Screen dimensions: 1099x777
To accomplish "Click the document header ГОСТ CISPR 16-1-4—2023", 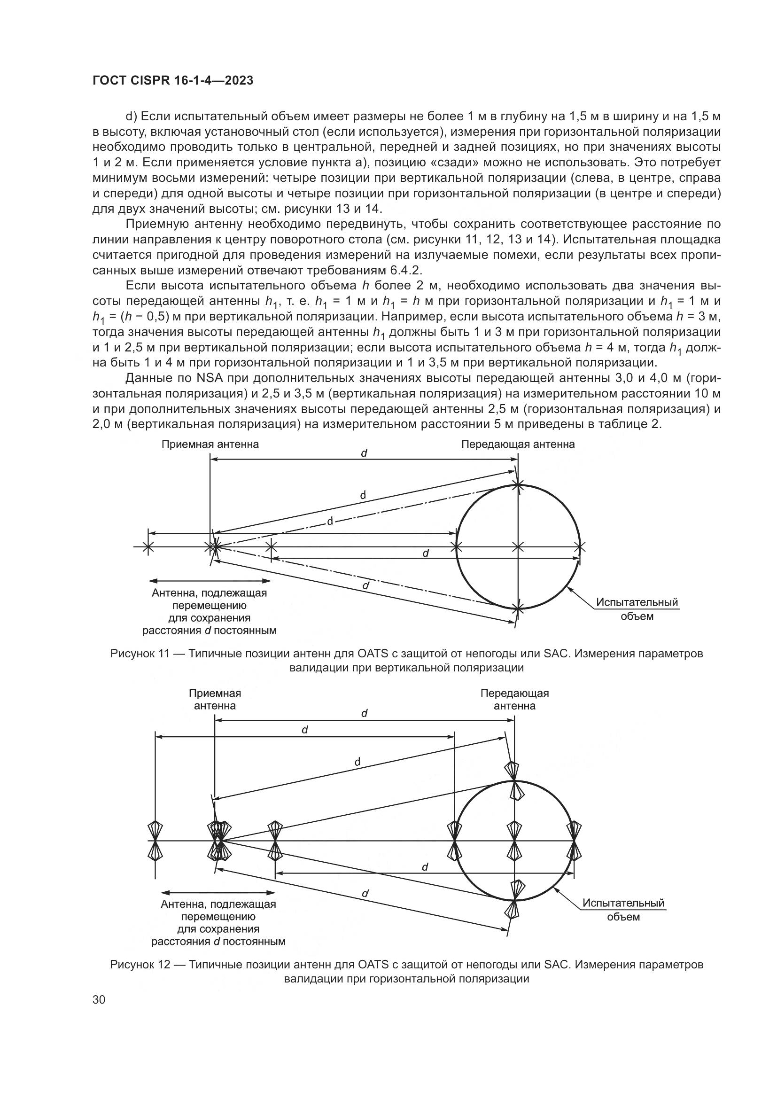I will (x=173, y=81).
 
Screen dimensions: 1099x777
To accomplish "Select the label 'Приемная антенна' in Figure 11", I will (x=210, y=444).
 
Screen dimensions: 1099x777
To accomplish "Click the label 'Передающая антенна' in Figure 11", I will (x=518, y=444).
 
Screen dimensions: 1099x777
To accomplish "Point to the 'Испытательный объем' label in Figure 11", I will (x=637, y=609).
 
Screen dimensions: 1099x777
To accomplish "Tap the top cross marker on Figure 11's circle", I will (x=518, y=485).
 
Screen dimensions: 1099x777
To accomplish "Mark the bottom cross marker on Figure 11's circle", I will (x=518, y=608).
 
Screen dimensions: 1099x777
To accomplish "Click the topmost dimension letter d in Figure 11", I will (x=364, y=453).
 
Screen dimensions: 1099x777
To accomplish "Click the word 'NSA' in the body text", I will (x=207, y=378).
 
